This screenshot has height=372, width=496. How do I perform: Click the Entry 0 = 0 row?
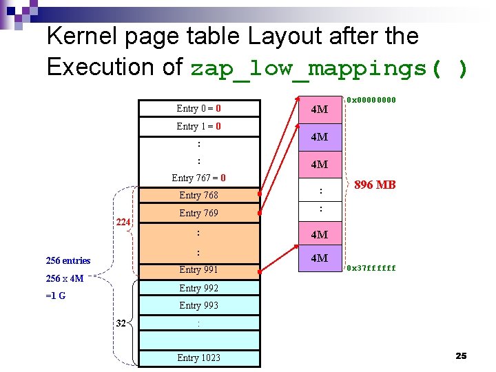(199, 108)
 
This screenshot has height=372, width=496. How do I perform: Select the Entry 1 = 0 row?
(199, 126)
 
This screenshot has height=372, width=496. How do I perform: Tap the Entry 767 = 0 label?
(199, 178)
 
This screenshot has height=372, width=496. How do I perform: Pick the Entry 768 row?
(199, 196)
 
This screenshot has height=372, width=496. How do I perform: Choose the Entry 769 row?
(199, 214)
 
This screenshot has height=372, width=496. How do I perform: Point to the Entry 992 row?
(199, 288)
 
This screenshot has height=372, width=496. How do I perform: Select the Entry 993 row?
(199, 305)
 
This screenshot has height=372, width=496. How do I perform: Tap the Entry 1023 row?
(199, 358)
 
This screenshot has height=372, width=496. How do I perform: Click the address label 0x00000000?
(371, 100)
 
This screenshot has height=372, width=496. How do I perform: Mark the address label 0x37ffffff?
(371, 269)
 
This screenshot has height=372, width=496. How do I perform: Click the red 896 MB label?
(375, 185)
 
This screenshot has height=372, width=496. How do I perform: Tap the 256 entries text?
(68, 260)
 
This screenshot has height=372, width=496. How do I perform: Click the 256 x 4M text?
(64, 279)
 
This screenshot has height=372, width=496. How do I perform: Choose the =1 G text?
(56, 296)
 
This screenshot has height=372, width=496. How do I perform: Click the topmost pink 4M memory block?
(319, 110)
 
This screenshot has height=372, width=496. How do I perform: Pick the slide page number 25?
(461, 355)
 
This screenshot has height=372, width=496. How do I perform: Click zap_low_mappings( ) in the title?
(329, 69)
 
